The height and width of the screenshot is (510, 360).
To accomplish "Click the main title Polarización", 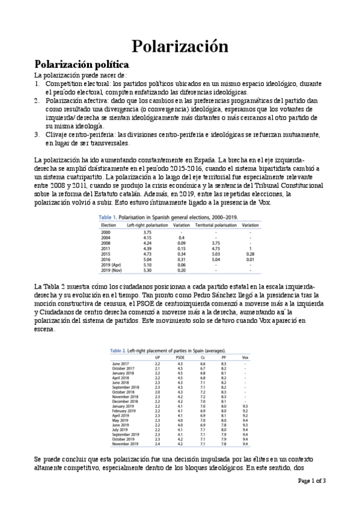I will click(180, 46).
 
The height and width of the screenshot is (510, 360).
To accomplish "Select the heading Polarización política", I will click(80, 64).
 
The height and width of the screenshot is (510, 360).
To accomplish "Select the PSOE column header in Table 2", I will click(180, 358).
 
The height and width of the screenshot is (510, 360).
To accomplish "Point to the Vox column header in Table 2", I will click(245, 358).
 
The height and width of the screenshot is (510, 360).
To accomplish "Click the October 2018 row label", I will click(125, 392).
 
